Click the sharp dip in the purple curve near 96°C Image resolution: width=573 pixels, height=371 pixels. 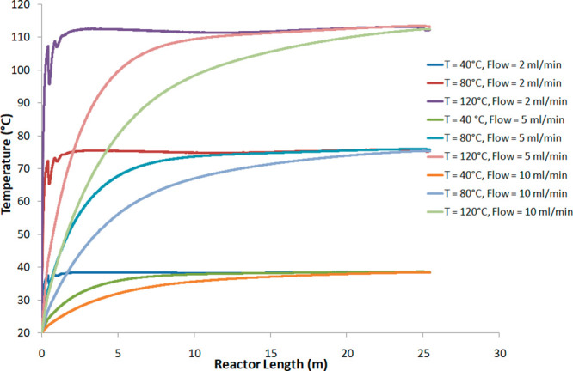tap(50, 83)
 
